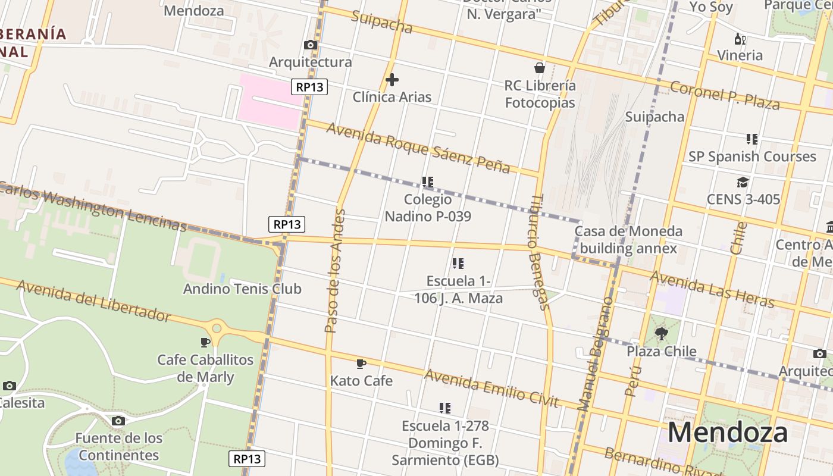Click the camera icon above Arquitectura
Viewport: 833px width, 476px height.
(x=310, y=45)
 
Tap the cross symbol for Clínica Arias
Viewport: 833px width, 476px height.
(x=392, y=80)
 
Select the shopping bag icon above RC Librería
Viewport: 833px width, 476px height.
(x=540, y=68)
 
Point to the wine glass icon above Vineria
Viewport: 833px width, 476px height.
(x=740, y=39)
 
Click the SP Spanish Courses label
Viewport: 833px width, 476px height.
(x=752, y=156)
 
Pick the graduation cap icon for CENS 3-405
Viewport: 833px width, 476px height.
(x=743, y=182)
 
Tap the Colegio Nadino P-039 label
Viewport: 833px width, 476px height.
(x=428, y=208)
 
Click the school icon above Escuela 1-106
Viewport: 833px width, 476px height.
(x=458, y=263)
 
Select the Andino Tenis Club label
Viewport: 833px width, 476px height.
(x=242, y=289)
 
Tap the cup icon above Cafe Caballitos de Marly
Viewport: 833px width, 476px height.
(x=205, y=342)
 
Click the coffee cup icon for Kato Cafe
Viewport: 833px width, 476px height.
(x=361, y=364)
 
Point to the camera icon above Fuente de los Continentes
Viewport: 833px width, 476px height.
(x=118, y=421)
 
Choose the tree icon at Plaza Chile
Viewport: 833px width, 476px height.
(x=661, y=334)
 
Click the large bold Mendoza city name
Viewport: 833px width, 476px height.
(x=727, y=433)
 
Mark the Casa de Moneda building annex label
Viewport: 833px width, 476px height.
(x=628, y=240)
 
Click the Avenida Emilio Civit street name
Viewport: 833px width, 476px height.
(x=491, y=389)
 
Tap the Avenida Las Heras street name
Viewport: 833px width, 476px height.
(x=712, y=289)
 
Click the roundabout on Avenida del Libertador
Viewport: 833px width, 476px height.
(x=217, y=328)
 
